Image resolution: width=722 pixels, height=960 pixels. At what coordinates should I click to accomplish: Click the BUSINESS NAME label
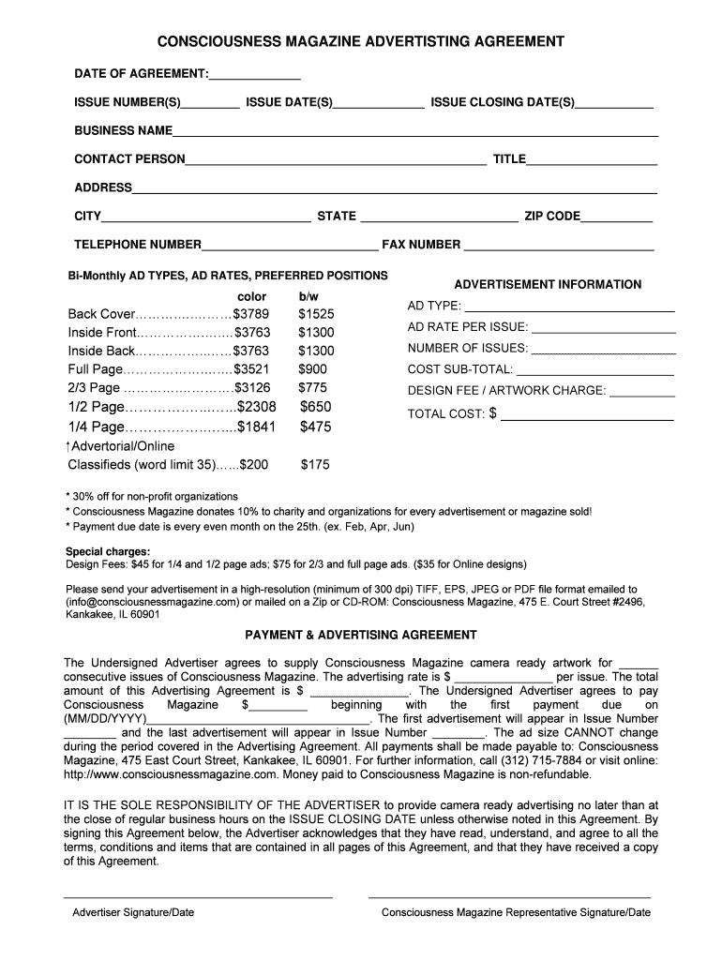pyautogui.click(x=124, y=130)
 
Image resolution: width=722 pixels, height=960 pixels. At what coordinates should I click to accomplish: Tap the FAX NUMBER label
pyautogui.click(x=421, y=245)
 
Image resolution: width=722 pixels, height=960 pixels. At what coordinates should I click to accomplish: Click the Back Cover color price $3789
pyautogui.click(x=251, y=314)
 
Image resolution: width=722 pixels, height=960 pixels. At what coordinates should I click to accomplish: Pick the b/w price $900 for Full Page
pyautogui.click(x=313, y=369)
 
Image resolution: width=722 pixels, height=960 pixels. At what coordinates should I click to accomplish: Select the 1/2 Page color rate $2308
pyautogui.click(x=257, y=407)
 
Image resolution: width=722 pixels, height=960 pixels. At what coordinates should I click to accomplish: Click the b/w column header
pyautogui.click(x=308, y=296)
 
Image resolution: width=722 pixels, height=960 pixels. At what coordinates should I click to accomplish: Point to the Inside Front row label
pyautogui.click(x=102, y=333)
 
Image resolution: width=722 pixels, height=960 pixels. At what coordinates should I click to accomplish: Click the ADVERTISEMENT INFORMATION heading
pyautogui.click(x=548, y=284)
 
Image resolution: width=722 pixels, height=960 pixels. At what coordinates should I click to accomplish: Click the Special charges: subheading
pyautogui.click(x=107, y=551)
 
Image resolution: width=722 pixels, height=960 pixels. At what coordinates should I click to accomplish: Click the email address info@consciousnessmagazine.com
pyautogui.click(x=158, y=602)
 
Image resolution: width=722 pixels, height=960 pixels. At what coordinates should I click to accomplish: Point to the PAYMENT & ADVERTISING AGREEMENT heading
pyautogui.click(x=360, y=635)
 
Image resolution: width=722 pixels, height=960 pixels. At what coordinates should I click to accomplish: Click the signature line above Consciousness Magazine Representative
pyautogui.click(x=509, y=897)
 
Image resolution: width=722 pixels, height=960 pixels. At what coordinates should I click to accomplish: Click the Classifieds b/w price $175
pyautogui.click(x=315, y=464)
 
